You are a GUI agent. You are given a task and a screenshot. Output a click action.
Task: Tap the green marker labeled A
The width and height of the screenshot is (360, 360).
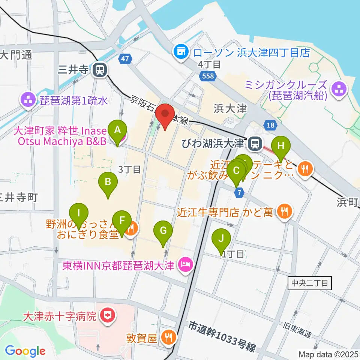point(117,130)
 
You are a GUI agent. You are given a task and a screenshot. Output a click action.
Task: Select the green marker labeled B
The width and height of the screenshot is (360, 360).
point(108,183)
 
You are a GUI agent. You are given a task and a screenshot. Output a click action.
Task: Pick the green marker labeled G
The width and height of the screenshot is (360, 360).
point(163,231)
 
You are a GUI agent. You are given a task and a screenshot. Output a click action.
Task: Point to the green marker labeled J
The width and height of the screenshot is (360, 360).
point(221,239)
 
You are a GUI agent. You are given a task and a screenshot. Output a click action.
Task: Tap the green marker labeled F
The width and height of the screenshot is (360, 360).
point(121,221)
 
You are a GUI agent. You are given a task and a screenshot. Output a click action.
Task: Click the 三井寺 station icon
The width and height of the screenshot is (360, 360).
point(100,69)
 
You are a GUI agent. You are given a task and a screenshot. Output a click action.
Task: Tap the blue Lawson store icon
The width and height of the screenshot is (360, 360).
point(181,52)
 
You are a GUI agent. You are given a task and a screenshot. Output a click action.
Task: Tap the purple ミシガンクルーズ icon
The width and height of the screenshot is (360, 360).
point(339,89)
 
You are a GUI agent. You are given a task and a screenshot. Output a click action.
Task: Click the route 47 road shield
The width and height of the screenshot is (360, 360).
point(125,59)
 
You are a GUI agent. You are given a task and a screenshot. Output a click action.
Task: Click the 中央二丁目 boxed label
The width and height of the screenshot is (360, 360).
point(310,283)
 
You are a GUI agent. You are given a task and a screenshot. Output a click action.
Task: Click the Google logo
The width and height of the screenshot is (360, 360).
point(25,351)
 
